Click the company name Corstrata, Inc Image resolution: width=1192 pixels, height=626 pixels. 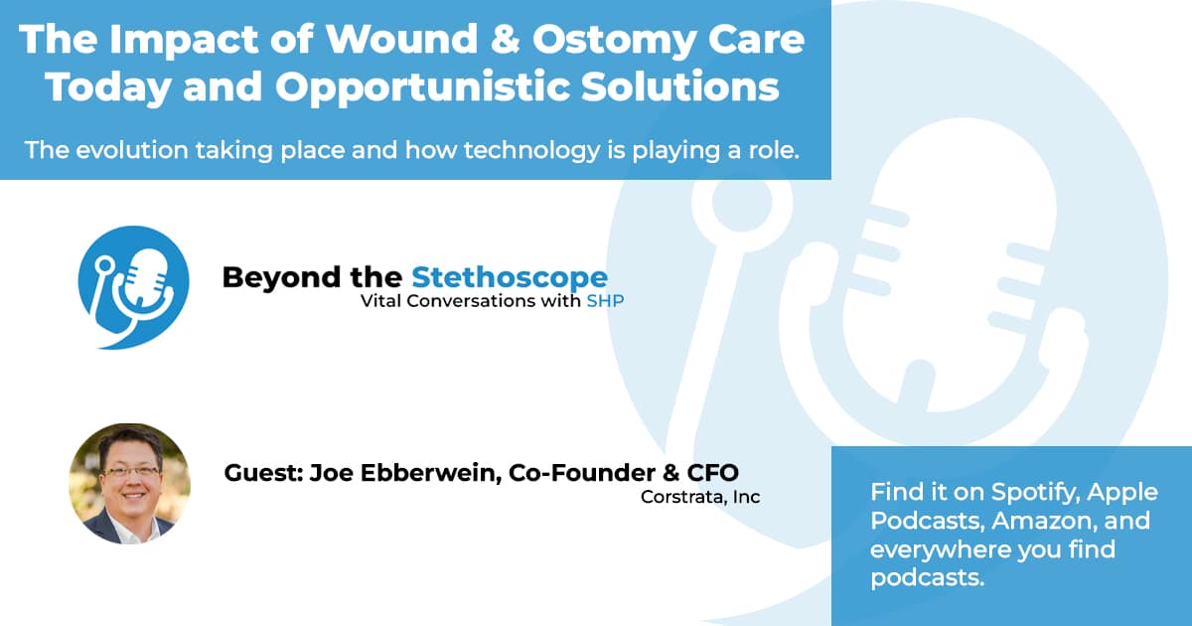point(700,497)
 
